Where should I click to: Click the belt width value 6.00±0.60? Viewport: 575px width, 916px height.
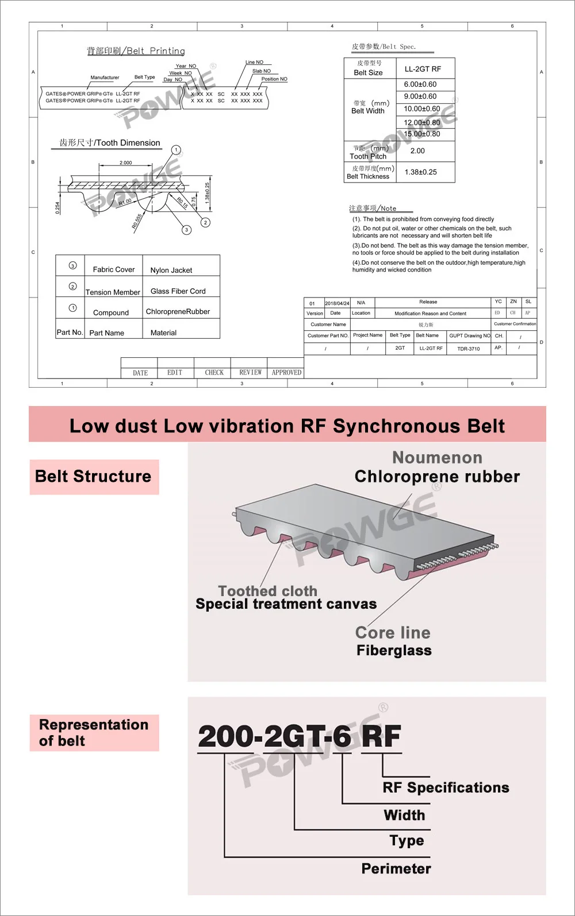coord(420,84)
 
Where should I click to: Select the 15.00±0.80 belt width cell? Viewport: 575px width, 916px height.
coord(421,134)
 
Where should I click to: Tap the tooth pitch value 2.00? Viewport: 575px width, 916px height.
coord(417,151)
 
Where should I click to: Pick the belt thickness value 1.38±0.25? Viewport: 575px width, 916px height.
coord(420,172)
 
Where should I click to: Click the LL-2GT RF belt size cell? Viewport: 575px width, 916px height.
coord(423,69)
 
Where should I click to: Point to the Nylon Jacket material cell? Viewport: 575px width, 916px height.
coord(171,270)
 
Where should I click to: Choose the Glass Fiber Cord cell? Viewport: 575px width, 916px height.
coord(178,291)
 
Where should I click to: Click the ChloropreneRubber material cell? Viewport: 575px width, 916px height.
coord(178,311)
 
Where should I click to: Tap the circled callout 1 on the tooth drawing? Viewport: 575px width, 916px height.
coord(176,150)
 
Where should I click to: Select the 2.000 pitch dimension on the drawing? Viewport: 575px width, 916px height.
coord(125,163)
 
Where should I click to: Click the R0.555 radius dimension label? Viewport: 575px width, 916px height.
coord(137,221)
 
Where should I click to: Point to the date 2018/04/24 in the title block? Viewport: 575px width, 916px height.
coord(337,303)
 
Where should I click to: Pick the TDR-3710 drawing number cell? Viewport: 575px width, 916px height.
coord(468,349)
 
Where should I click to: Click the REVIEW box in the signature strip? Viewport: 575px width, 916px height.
coord(250,373)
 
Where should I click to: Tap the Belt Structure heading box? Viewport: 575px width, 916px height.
coord(94,477)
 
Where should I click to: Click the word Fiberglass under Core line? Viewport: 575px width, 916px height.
coord(394,651)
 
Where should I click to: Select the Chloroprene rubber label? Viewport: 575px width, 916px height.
coord(437,477)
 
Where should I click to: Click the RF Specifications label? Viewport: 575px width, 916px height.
coord(446,787)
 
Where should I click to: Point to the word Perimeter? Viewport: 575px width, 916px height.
coord(396,868)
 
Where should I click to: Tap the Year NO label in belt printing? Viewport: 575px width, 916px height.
coord(186,66)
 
